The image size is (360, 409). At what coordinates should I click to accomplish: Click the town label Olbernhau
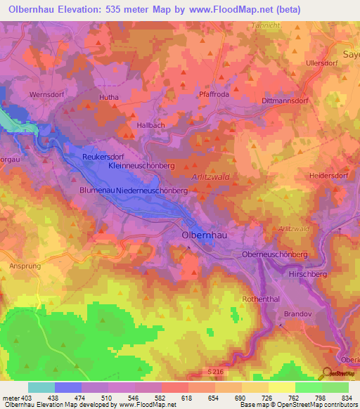[204, 236]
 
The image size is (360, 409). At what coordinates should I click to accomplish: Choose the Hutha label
[109, 98]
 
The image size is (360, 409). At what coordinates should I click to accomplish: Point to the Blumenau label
[96, 190]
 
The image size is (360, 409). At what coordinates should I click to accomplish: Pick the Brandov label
[297, 315]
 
